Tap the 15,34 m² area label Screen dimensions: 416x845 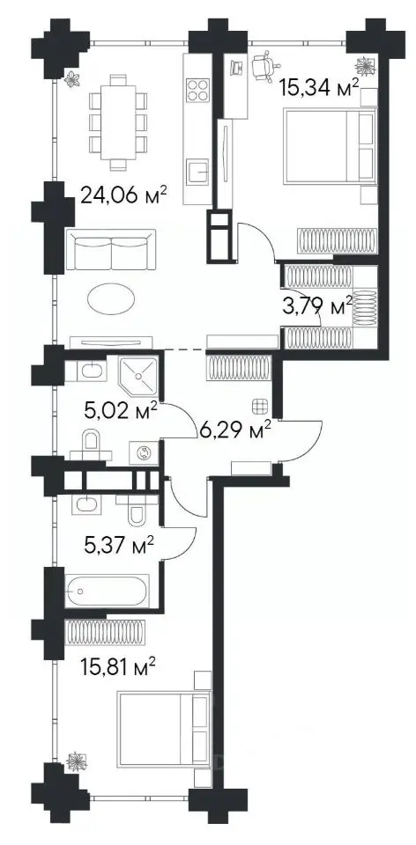[x=319, y=85]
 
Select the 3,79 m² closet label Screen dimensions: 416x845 [x=317, y=306]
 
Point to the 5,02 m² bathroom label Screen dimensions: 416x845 [x=121, y=411]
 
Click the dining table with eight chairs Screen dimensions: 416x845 [x=117, y=122]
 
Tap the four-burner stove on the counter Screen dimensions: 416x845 [x=197, y=90]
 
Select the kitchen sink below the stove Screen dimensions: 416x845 [x=197, y=173]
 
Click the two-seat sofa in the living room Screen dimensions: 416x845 [x=110, y=249]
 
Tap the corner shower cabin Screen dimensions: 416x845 [x=138, y=374]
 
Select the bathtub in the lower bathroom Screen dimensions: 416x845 [x=107, y=591]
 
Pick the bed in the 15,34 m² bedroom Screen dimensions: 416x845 [x=329, y=145]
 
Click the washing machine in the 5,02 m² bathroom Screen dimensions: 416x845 [x=144, y=452]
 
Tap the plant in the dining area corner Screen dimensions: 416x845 [x=71, y=79]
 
